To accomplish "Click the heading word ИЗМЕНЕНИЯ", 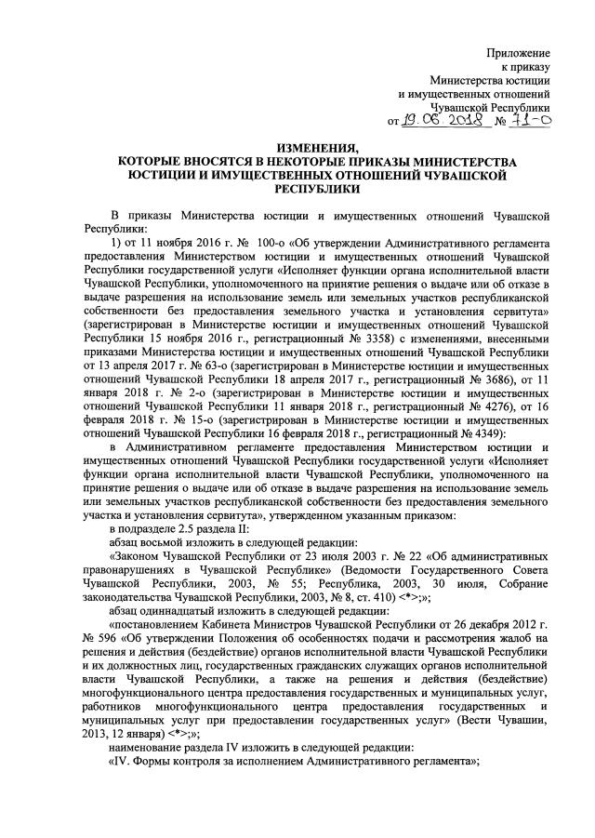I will click(x=318, y=149).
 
